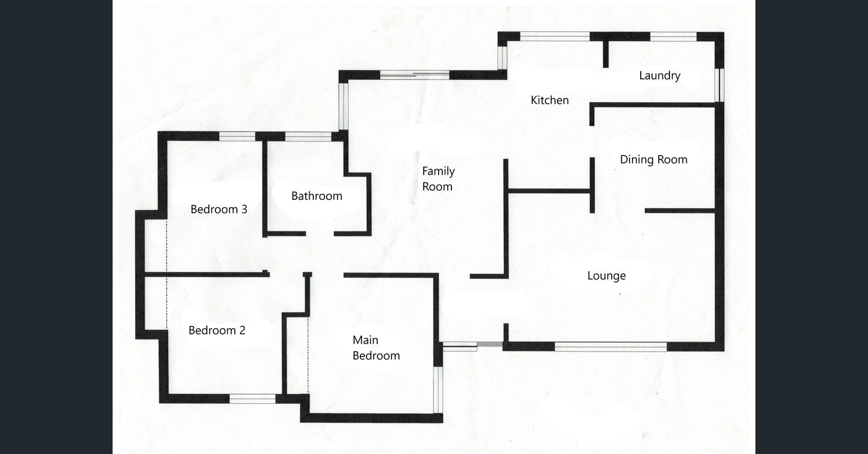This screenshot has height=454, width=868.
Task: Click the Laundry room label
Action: point(660,76)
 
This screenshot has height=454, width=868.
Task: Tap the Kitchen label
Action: point(550,100)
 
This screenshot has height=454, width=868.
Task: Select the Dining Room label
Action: point(654,160)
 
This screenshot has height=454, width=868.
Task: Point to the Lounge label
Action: point(606,276)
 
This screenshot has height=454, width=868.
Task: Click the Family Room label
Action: point(438,179)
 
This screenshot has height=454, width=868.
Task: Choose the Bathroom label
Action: point(317,196)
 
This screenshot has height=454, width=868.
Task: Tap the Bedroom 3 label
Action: point(219,210)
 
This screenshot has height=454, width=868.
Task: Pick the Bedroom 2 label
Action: point(216,331)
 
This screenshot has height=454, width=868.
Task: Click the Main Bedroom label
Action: point(376,348)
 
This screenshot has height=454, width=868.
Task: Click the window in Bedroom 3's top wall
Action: point(237,136)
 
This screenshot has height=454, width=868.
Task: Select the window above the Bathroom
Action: point(308,136)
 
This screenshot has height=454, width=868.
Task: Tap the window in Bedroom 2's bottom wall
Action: point(252,399)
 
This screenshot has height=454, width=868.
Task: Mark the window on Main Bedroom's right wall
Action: point(438,390)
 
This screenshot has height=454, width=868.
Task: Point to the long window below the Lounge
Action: point(611,347)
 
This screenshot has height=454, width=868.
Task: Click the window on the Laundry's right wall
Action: point(720,85)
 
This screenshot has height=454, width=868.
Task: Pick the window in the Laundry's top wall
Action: point(674,37)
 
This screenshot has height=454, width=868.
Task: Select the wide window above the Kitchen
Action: point(555,37)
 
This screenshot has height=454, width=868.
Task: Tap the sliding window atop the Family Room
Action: point(415,75)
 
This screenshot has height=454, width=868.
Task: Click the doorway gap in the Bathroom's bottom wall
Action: point(320,234)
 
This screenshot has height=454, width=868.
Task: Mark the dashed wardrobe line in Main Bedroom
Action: point(308,355)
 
